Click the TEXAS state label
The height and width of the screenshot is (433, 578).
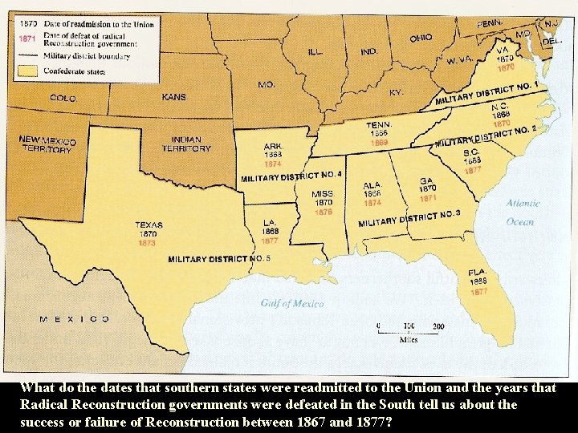[x=149, y=225]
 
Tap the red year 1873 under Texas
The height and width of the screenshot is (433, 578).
[x=148, y=242]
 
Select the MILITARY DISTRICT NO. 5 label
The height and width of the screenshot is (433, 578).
[x=219, y=259]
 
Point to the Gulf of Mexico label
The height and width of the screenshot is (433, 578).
[x=292, y=303]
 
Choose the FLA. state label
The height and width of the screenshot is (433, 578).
[x=478, y=273]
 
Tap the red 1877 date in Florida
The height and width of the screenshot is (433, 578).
[x=478, y=292]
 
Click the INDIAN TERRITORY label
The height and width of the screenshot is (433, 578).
[x=185, y=144]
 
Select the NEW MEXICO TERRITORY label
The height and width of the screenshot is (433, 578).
[x=47, y=144]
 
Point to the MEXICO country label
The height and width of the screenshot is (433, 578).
[x=75, y=318]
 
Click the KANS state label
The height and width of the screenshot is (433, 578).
[x=173, y=97]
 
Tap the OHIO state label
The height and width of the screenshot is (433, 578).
[x=420, y=38]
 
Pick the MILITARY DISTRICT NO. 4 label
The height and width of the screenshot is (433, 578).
[x=291, y=176]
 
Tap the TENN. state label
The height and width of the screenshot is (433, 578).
[x=379, y=125]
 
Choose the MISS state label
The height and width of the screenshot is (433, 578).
[x=322, y=194]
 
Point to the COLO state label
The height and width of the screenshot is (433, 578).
[x=63, y=98]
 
